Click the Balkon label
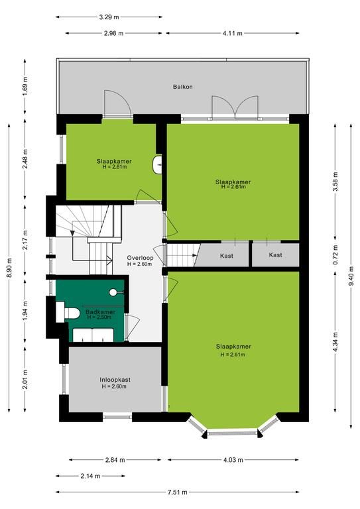[182, 87]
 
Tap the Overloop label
[140, 258]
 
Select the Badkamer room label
[100, 312]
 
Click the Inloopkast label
[115, 380]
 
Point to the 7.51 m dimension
[177, 492]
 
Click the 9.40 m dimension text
[351, 276]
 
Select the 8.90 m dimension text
[9, 268]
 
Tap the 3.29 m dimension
[109, 17]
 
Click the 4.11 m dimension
[233, 33]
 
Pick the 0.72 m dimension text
[335, 254]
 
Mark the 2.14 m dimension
[90, 476]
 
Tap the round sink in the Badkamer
[113, 292]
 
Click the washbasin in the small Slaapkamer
[157, 164]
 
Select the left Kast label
[227, 256]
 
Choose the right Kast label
[275, 254]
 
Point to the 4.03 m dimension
[233, 460]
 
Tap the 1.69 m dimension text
[25, 86]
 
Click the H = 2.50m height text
[99, 317]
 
